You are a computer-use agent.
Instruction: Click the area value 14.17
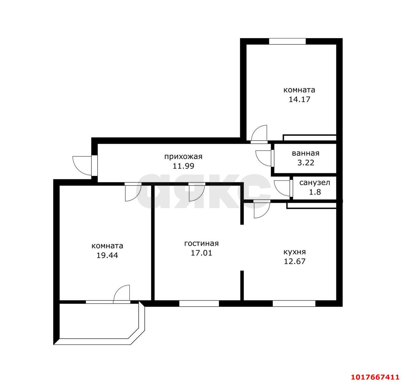click(x=300, y=99)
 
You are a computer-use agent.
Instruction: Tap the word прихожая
click(x=183, y=157)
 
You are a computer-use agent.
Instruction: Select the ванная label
click(x=306, y=153)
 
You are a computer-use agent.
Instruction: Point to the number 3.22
click(x=306, y=163)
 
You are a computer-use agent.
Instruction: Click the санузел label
click(x=314, y=182)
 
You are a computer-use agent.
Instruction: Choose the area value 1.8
click(x=315, y=192)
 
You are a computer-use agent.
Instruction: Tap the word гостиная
click(x=202, y=244)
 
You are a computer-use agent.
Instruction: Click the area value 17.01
click(x=202, y=253)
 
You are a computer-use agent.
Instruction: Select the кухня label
click(x=294, y=252)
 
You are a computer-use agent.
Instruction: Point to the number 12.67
click(x=294, y=261)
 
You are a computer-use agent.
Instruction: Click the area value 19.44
click(x=107, y=256)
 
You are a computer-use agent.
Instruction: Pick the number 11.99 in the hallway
click(x=183, y=166)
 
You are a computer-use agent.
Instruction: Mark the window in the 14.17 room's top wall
click(x=287, y=41)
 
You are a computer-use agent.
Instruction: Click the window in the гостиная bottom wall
click(x=199, y=304)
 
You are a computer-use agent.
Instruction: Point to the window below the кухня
click(x=294, y=304)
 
